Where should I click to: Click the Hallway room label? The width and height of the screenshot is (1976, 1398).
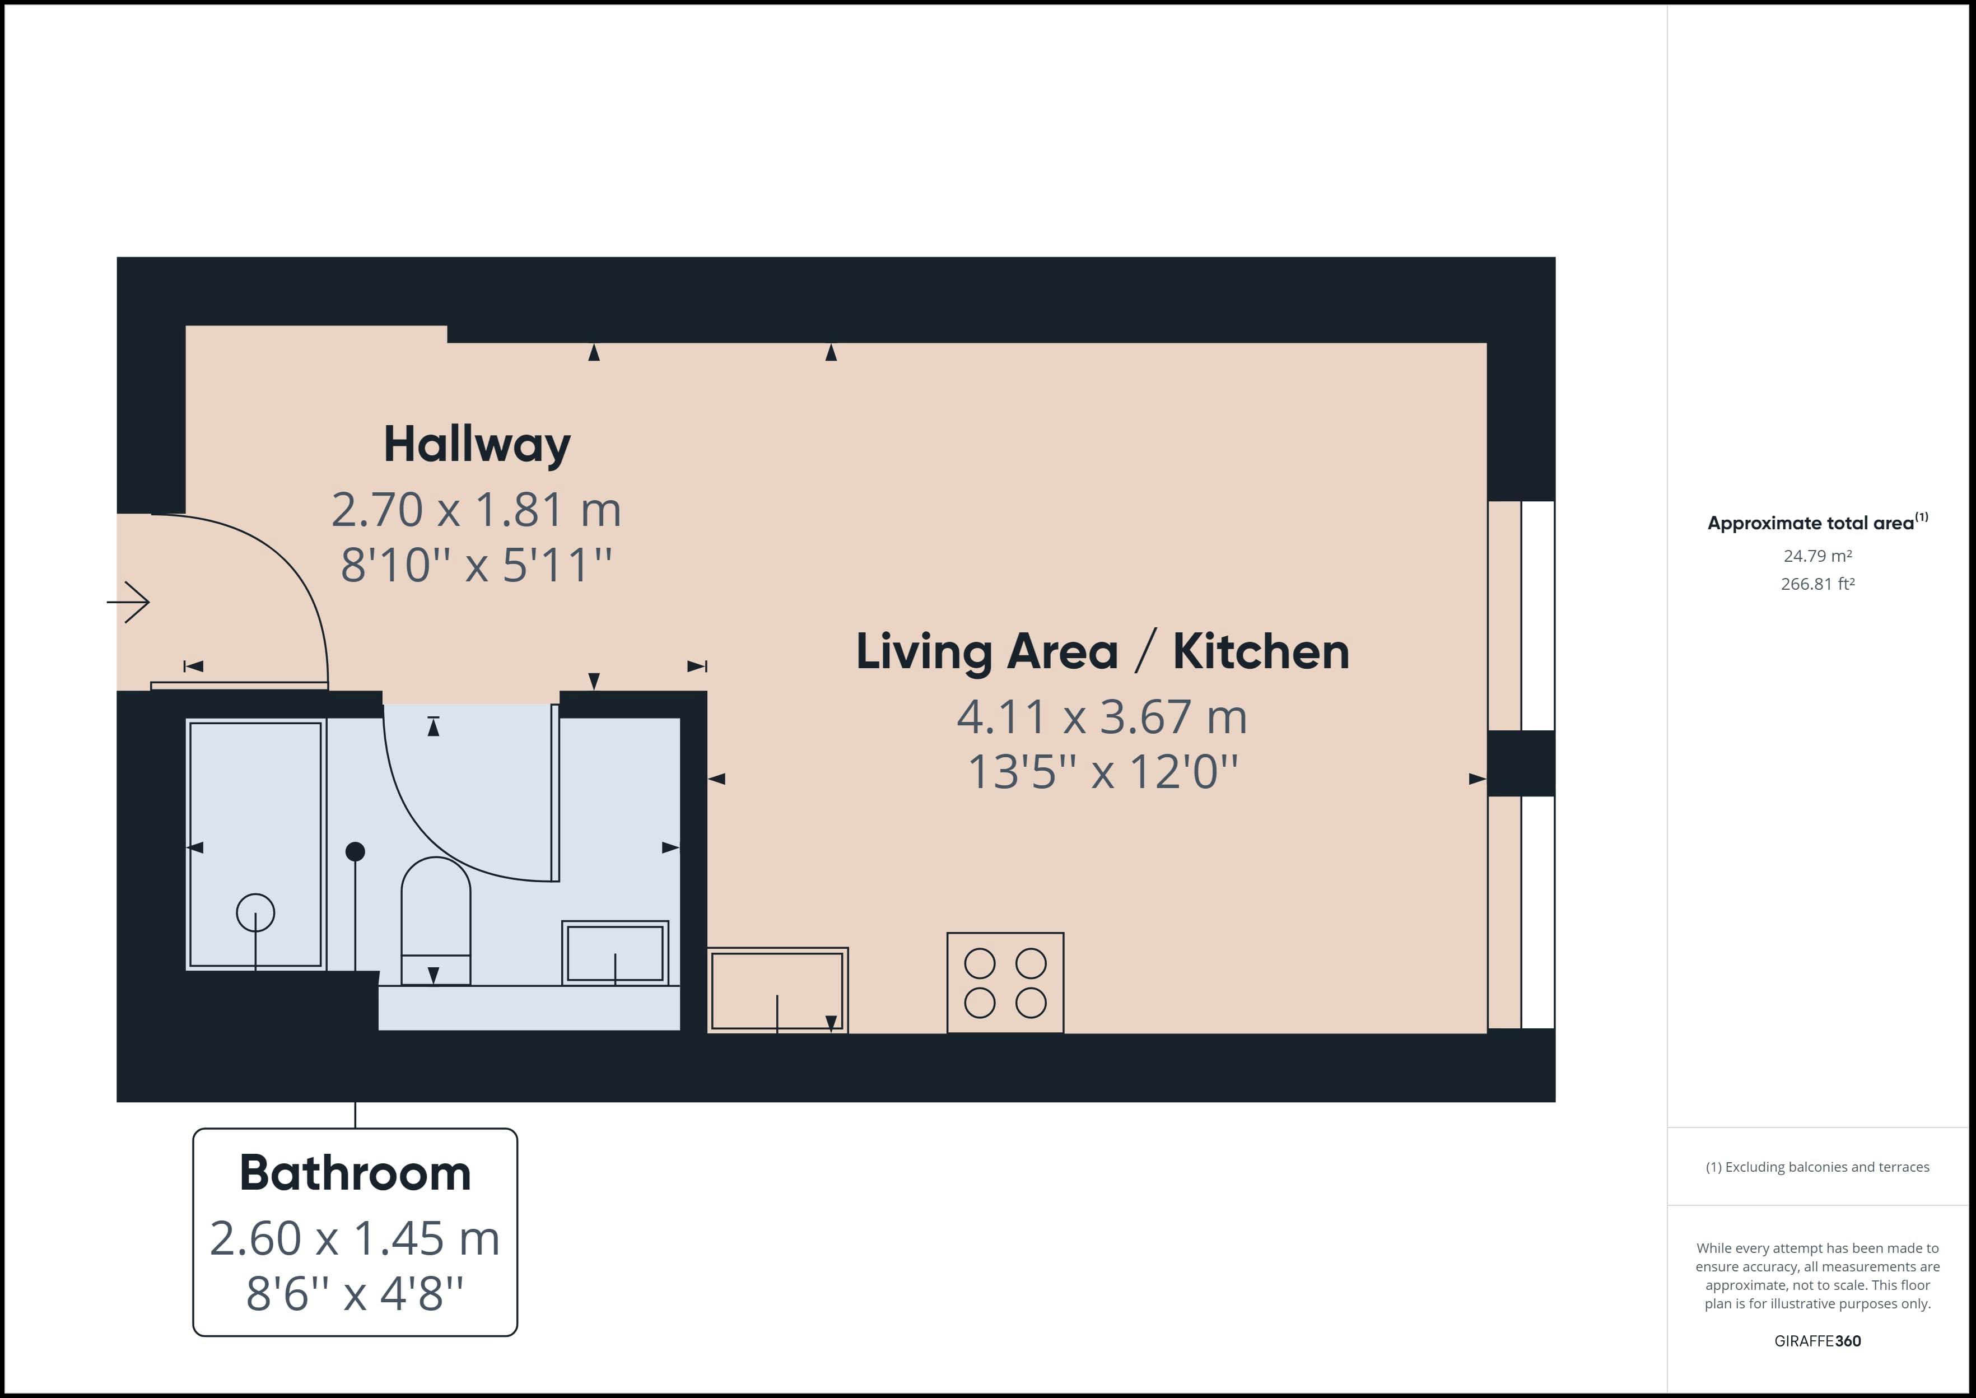click(477, 445)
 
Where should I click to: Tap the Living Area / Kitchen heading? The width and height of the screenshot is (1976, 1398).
click(1102, 651)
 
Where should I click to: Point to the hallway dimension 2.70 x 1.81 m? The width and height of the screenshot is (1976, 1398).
click(476, 510)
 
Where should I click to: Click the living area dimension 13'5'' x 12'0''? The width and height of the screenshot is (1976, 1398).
click(1102, 771)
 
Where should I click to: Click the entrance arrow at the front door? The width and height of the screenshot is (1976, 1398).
click(128, 602)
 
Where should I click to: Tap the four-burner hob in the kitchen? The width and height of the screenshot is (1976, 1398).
click(1005, 983)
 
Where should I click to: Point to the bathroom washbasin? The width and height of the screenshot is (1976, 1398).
click(616, 953)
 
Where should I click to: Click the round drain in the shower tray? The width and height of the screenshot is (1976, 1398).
click(255, 912)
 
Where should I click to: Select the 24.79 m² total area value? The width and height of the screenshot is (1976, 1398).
click(1817, 556)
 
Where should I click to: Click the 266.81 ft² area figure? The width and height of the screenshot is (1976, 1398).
click(1817, 584)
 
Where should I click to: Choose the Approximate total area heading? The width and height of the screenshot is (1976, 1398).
click(1817, 523)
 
